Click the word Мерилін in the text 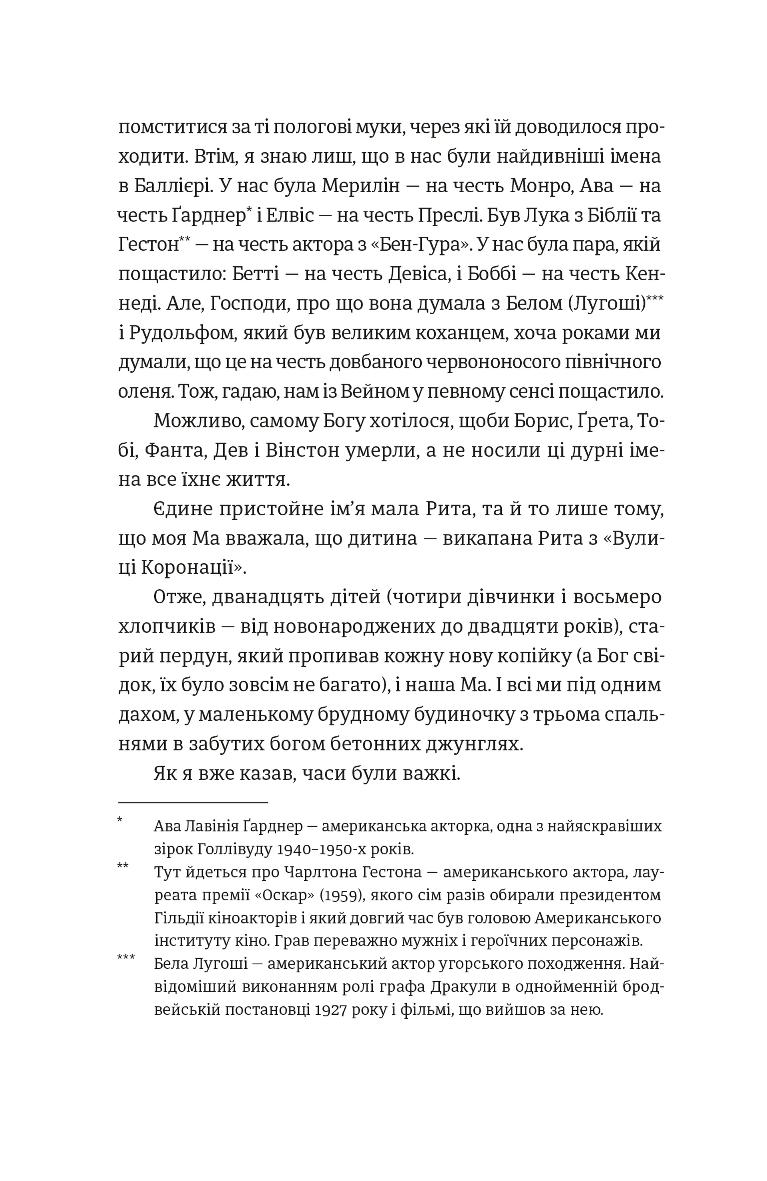tap(360, 186)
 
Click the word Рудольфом tap(181, 333)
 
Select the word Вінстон tap(302, 450)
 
